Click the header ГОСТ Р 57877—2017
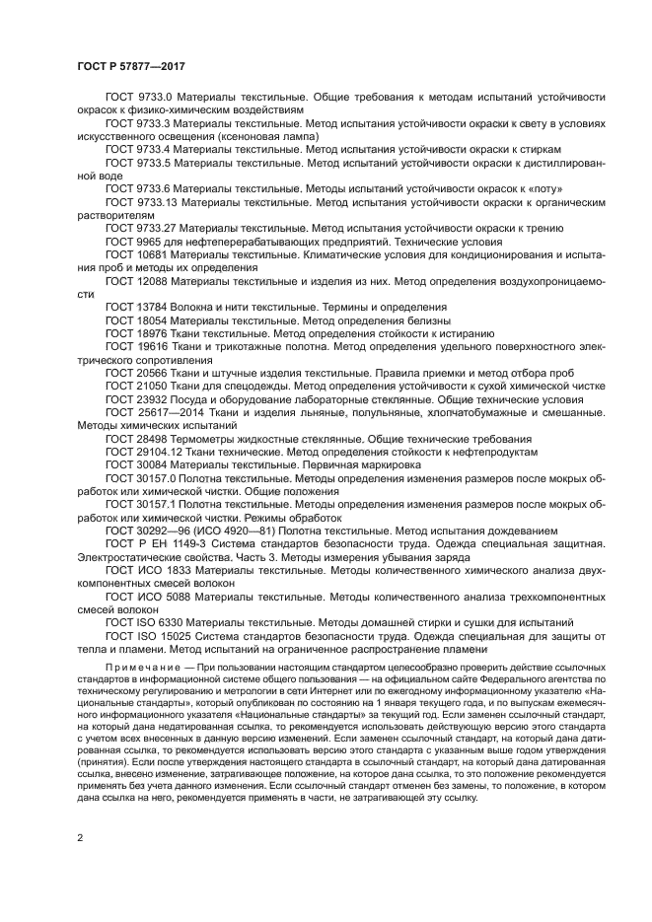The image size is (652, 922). [130, 65]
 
